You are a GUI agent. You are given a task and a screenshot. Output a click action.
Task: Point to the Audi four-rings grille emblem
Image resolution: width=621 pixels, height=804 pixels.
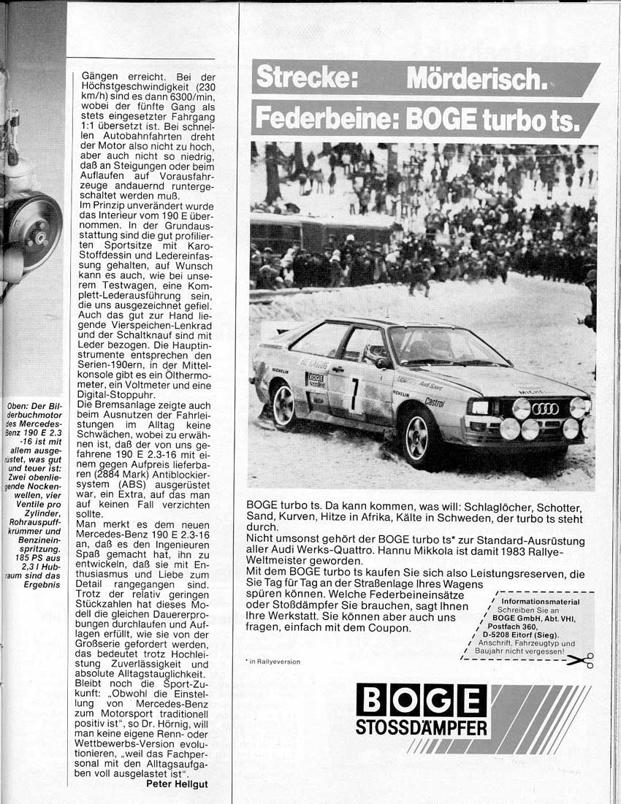tap(545, 409)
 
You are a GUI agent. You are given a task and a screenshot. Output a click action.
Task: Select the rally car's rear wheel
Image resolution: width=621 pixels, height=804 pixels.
tap(283, 405)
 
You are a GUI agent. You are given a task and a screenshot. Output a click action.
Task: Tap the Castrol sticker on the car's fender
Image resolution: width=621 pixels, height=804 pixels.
tap(434, 402)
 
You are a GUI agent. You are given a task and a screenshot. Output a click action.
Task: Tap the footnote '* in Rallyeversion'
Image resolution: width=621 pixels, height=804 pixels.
tap(273, 662)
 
